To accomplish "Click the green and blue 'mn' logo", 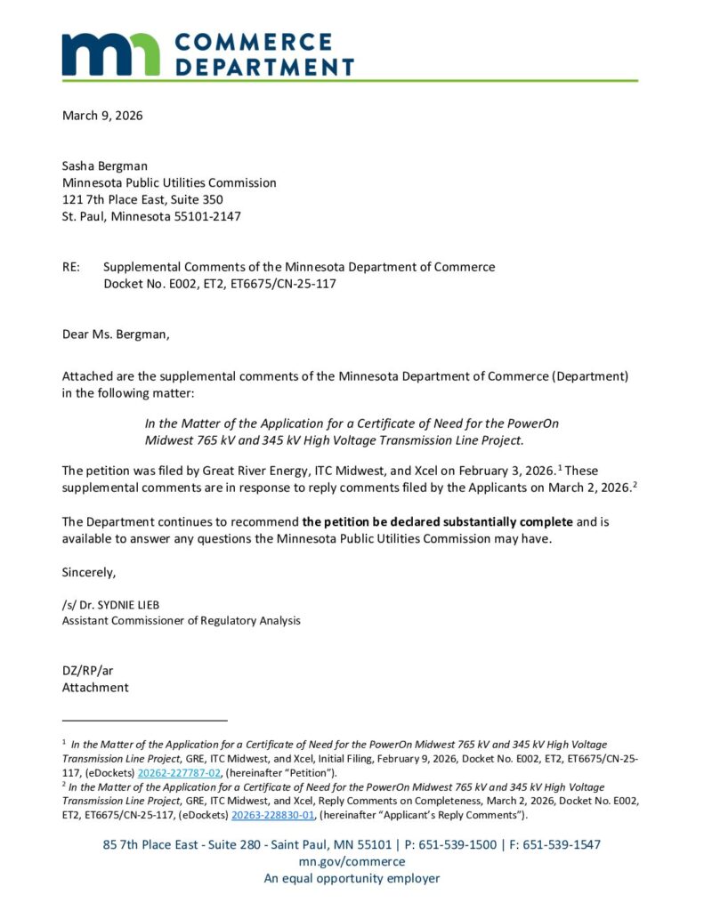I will click(x=110, y=54).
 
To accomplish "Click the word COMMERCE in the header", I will click(x=254, y=43).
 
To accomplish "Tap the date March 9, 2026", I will click(x=102, y=115).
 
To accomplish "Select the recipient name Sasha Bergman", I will click(x=105, y=165).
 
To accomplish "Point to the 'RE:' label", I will click(x=71, y=267).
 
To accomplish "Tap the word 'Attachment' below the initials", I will click(x=95, y=687).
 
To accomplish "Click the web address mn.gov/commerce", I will click(x=352, y=861).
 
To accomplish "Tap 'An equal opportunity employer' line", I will click(x=352, y=878).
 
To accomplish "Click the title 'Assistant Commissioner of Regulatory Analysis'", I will click(x=181, y=620).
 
